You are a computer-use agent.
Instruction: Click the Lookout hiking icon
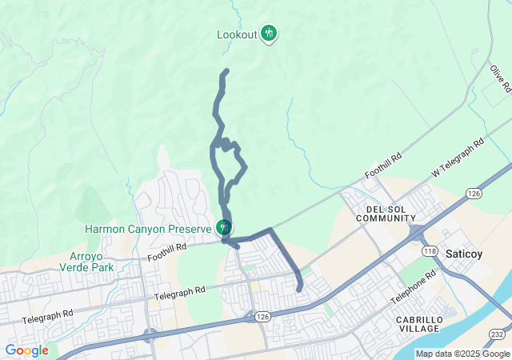click(270, 34)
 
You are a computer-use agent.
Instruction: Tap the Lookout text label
click(238, 34)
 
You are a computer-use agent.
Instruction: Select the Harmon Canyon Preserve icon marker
click(224, 228)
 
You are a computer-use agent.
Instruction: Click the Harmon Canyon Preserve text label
click(149, 229)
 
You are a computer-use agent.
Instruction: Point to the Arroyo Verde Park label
click(89, 262)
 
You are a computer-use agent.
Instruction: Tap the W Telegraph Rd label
click(458, 158)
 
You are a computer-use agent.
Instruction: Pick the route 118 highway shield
click(430, 251)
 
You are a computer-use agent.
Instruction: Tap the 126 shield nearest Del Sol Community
click(474, 194)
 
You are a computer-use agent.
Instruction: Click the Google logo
click(26, 350)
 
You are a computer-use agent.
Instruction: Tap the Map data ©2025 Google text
click(462, 354)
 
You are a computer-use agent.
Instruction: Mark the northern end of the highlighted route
click(226, 71)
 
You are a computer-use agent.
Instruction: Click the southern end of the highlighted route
click(299, 290)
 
